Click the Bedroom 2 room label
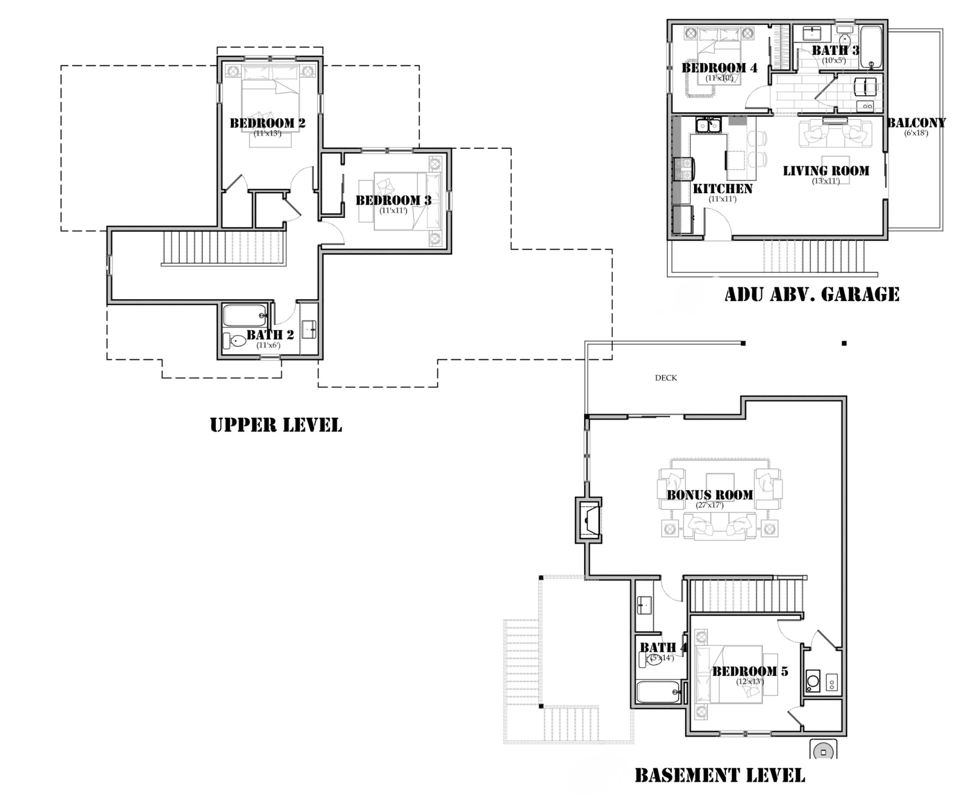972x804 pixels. coord(267,123)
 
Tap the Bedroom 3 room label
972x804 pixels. coord(393,200)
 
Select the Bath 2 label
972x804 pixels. coord(270,334)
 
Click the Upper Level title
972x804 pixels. coord(276,425)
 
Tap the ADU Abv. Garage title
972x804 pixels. coord(812,294)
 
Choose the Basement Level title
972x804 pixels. coord(720,775)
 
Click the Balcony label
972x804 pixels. coord(916,123)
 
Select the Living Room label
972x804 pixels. coord(826,171)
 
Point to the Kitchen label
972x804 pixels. coord(723,189)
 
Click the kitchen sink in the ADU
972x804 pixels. coord(708,124)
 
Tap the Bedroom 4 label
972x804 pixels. coord(720,68)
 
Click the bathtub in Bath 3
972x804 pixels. coord(871,48)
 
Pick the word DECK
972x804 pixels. coord(666,378)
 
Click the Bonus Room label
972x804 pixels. coord(709,495)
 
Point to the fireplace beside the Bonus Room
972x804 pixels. coord(589,520)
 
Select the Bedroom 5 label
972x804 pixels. coord(750,671)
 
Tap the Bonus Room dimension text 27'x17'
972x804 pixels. coord(709,505)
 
